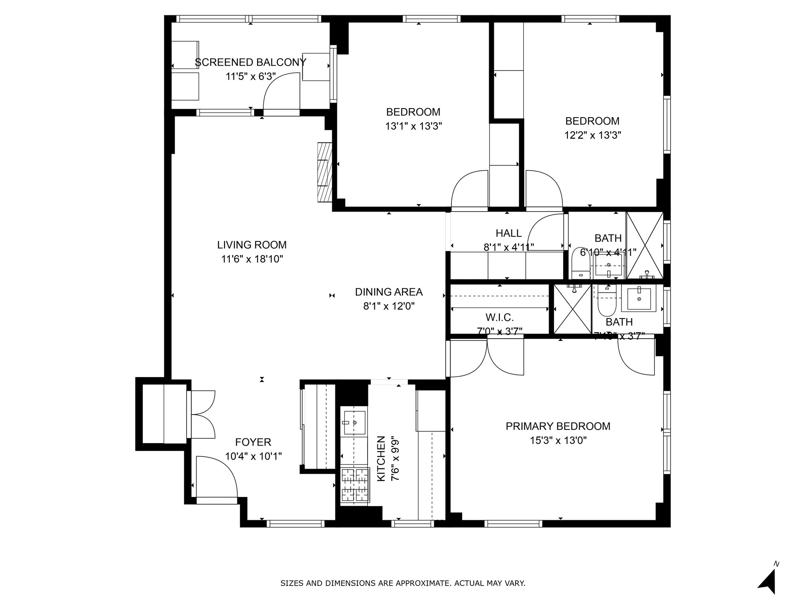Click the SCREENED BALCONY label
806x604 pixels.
[250, 62]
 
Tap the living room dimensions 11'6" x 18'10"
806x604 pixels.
[252, 259]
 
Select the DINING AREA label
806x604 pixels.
[389, 292]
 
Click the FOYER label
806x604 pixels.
[253, 442]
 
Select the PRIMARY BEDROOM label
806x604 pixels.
[558, 426]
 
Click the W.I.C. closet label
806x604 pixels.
[499, 317]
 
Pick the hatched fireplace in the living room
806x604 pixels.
[325, 172]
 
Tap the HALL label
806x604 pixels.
[508, 233]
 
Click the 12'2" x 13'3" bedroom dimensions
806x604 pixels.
[592, 135]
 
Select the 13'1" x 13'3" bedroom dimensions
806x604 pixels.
[413, 126]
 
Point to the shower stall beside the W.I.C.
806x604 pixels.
[572, 309]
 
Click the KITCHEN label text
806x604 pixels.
[381, 458]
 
